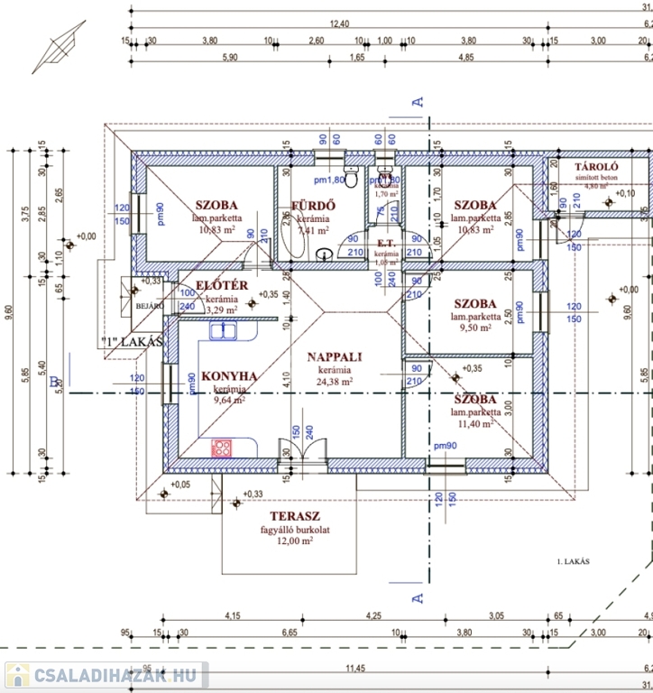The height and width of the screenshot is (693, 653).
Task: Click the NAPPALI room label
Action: pyautogui.click(x=334, y=356)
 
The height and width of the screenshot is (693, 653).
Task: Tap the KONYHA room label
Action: pyautogui.click(x=229, y=376)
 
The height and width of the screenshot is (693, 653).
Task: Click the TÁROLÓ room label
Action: pyautogui.click(x=595, y=167)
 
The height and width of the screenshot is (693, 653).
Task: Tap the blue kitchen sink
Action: pyautogui.click(x=223, y=331)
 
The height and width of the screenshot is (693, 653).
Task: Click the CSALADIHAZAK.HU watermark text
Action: pyautogui.click(x=113, y=674)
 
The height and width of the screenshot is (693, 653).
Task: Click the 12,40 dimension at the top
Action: pyautogui.click(x=339, y=23)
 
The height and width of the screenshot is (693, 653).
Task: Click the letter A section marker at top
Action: pyautogui.click(x=418, y=102)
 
